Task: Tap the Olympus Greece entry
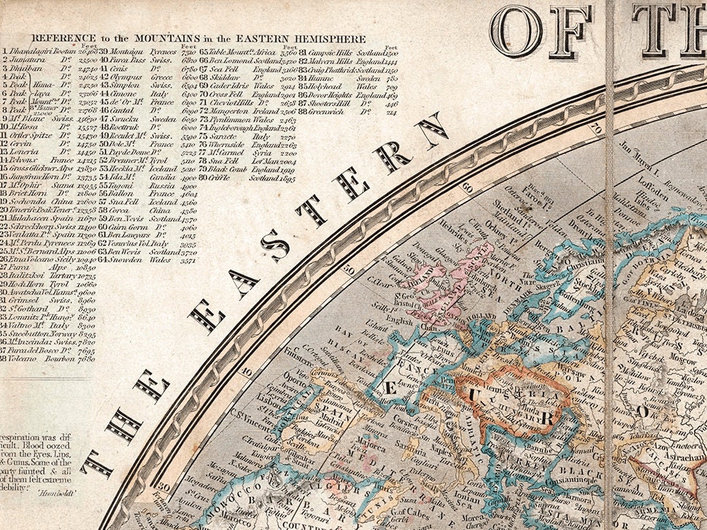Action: point(147,75)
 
